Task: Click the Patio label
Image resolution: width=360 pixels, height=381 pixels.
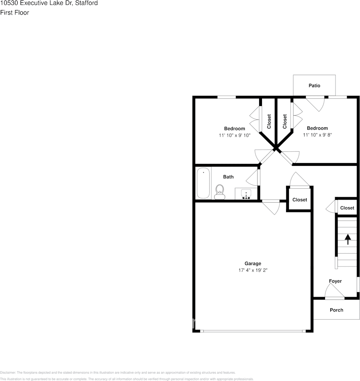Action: click(314, 86)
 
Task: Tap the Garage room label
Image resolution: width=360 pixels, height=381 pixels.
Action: click(253, 263)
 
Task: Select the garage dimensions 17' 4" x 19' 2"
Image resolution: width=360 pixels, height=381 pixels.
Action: click(253, 270)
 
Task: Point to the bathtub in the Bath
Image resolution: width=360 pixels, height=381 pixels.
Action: click(203, 183)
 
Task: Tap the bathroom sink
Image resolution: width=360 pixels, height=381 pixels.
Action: click(245, 194)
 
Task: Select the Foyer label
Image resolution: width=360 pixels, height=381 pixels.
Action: click(335, 281)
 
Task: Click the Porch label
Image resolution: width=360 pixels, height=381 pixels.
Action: click(336, 310)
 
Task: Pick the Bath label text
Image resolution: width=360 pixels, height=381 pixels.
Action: click(228, 177)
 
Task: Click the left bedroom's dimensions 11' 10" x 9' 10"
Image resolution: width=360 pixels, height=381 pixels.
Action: click(235, 135)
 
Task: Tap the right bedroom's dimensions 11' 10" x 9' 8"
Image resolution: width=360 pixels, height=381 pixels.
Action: click(317, 135)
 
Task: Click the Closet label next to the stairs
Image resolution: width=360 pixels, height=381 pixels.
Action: click(347, 208)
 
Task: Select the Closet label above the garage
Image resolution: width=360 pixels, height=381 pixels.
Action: click(299, 200)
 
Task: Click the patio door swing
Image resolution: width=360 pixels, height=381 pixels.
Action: click(316, 104)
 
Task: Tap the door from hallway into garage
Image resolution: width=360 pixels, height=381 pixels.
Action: click(270, 207)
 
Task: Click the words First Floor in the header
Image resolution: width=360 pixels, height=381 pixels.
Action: click(14, 12)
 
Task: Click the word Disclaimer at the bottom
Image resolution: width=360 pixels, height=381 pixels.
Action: click(8, 373)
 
